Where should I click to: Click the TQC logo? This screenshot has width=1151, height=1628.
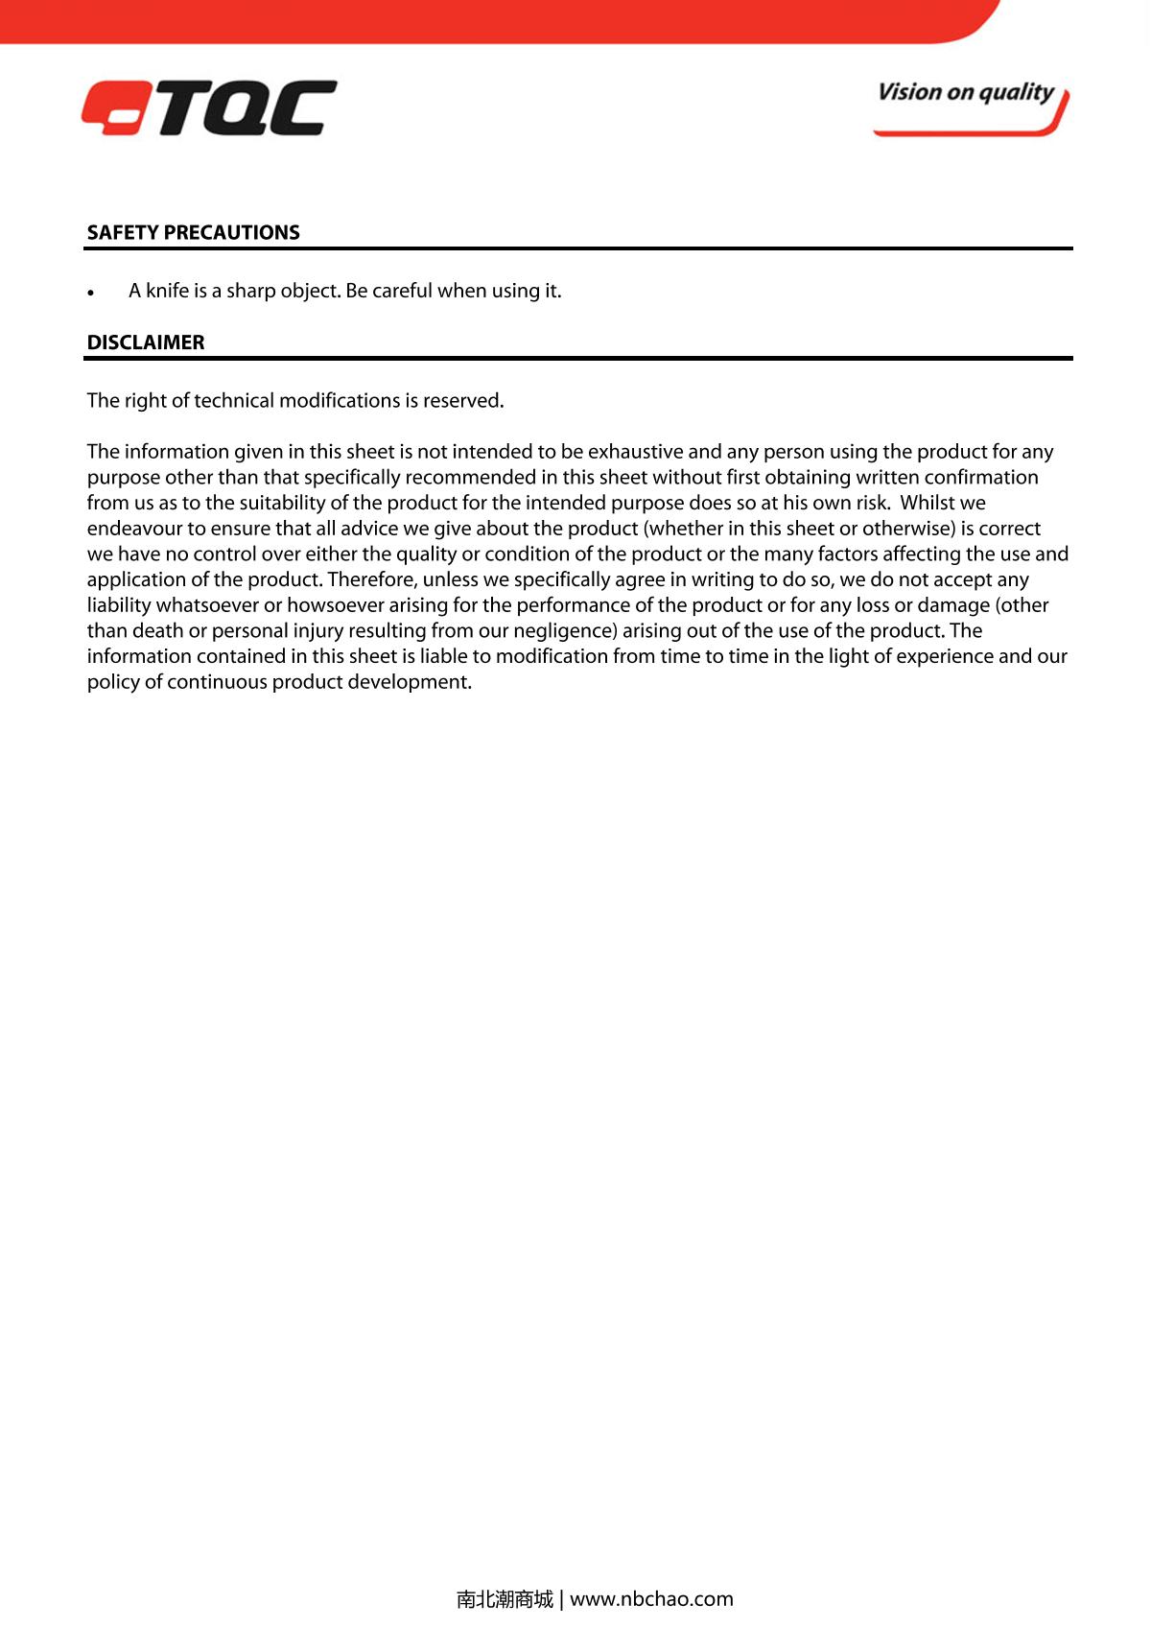(x=209, y=107)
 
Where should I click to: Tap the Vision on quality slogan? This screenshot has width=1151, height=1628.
(x=966, y=93)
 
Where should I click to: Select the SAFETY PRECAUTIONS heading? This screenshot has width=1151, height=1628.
(x=193, y=233)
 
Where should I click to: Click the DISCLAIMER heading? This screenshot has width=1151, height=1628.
(x=146, y=342)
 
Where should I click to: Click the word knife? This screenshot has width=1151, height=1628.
(x=167, y=291)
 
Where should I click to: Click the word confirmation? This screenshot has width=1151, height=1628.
(x=980, y=478)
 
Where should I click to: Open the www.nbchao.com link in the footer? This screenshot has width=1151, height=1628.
(x=651, y=1599)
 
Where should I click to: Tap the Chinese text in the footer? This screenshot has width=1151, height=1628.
(x=505, y=1599)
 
